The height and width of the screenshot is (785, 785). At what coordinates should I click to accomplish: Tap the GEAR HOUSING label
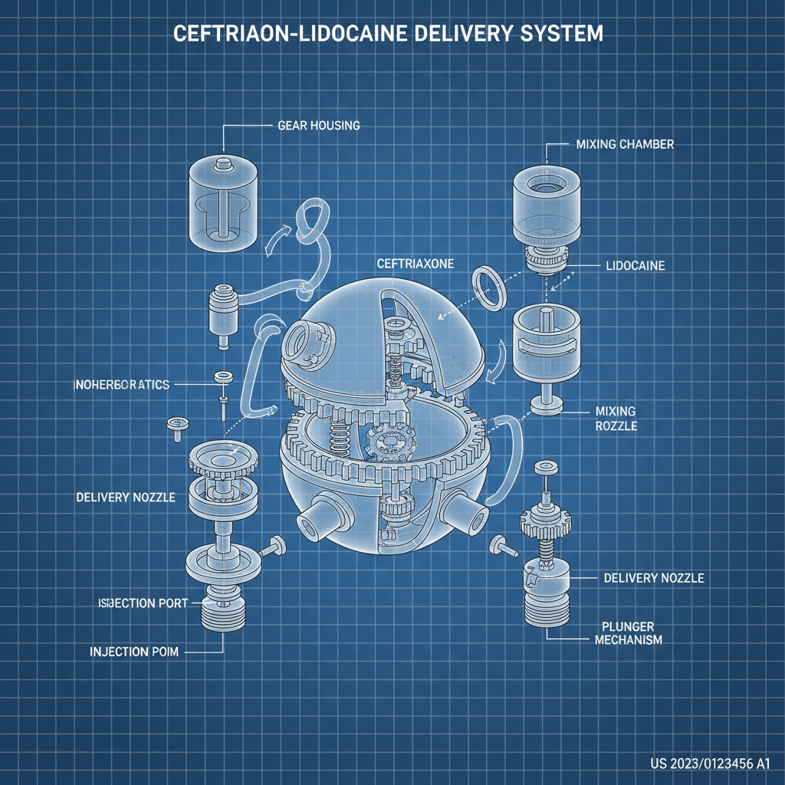point(319,125)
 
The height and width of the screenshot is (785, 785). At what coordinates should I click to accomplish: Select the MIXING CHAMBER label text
point(624,144)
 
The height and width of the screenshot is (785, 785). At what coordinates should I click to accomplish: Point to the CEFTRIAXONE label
point(415,263)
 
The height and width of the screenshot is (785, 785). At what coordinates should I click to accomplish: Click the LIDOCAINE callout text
point(634,266)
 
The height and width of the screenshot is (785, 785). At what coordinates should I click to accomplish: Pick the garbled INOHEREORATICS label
point(120,384)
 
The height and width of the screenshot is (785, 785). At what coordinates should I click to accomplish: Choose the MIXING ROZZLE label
point(616,419)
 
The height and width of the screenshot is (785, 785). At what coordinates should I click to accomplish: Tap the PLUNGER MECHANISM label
point(629,632)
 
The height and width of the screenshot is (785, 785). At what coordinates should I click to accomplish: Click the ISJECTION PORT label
point(143,603)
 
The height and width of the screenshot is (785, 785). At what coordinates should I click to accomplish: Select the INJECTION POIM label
point(134,652)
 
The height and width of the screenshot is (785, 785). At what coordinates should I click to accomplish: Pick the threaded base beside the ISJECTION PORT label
point(222,613)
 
